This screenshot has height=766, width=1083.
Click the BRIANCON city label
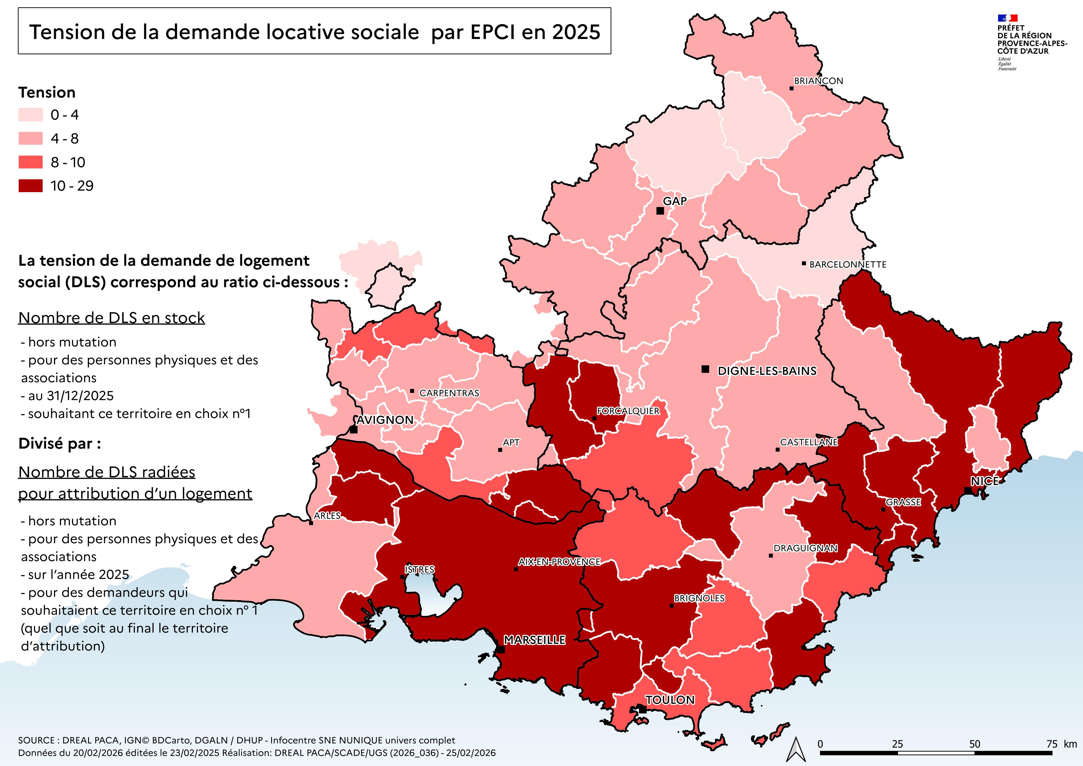pyautogui.click(x=818, y=81)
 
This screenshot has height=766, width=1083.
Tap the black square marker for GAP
pyautogui.click(x=660, y=211)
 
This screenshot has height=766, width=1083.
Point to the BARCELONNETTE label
pyautogui.click(x=848, y=265)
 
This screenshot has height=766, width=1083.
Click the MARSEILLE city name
pyautogui.click(x=535, y=640)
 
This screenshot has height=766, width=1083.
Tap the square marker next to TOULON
pyautogui.click(x=642, y=709)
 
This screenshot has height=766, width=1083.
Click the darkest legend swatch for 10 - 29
pyautogui.click(x=30, y=186)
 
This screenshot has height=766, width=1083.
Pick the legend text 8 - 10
pyautogui.click(x=68, y=162)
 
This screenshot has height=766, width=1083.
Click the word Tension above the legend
pyautogui.click(x=47, y=92)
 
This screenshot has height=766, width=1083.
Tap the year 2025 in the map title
pyautogui.click(x=577, y=32)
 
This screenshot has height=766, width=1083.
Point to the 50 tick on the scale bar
pyautogui.click(x=975, y=744)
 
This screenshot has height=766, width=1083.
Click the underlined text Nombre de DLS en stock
pyautogui.click(x=111, y=318)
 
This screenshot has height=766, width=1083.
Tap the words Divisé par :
pyautogui.click(x=59, y=444)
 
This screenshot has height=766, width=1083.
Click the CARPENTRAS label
pyautogui.click(x=449, y=393)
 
